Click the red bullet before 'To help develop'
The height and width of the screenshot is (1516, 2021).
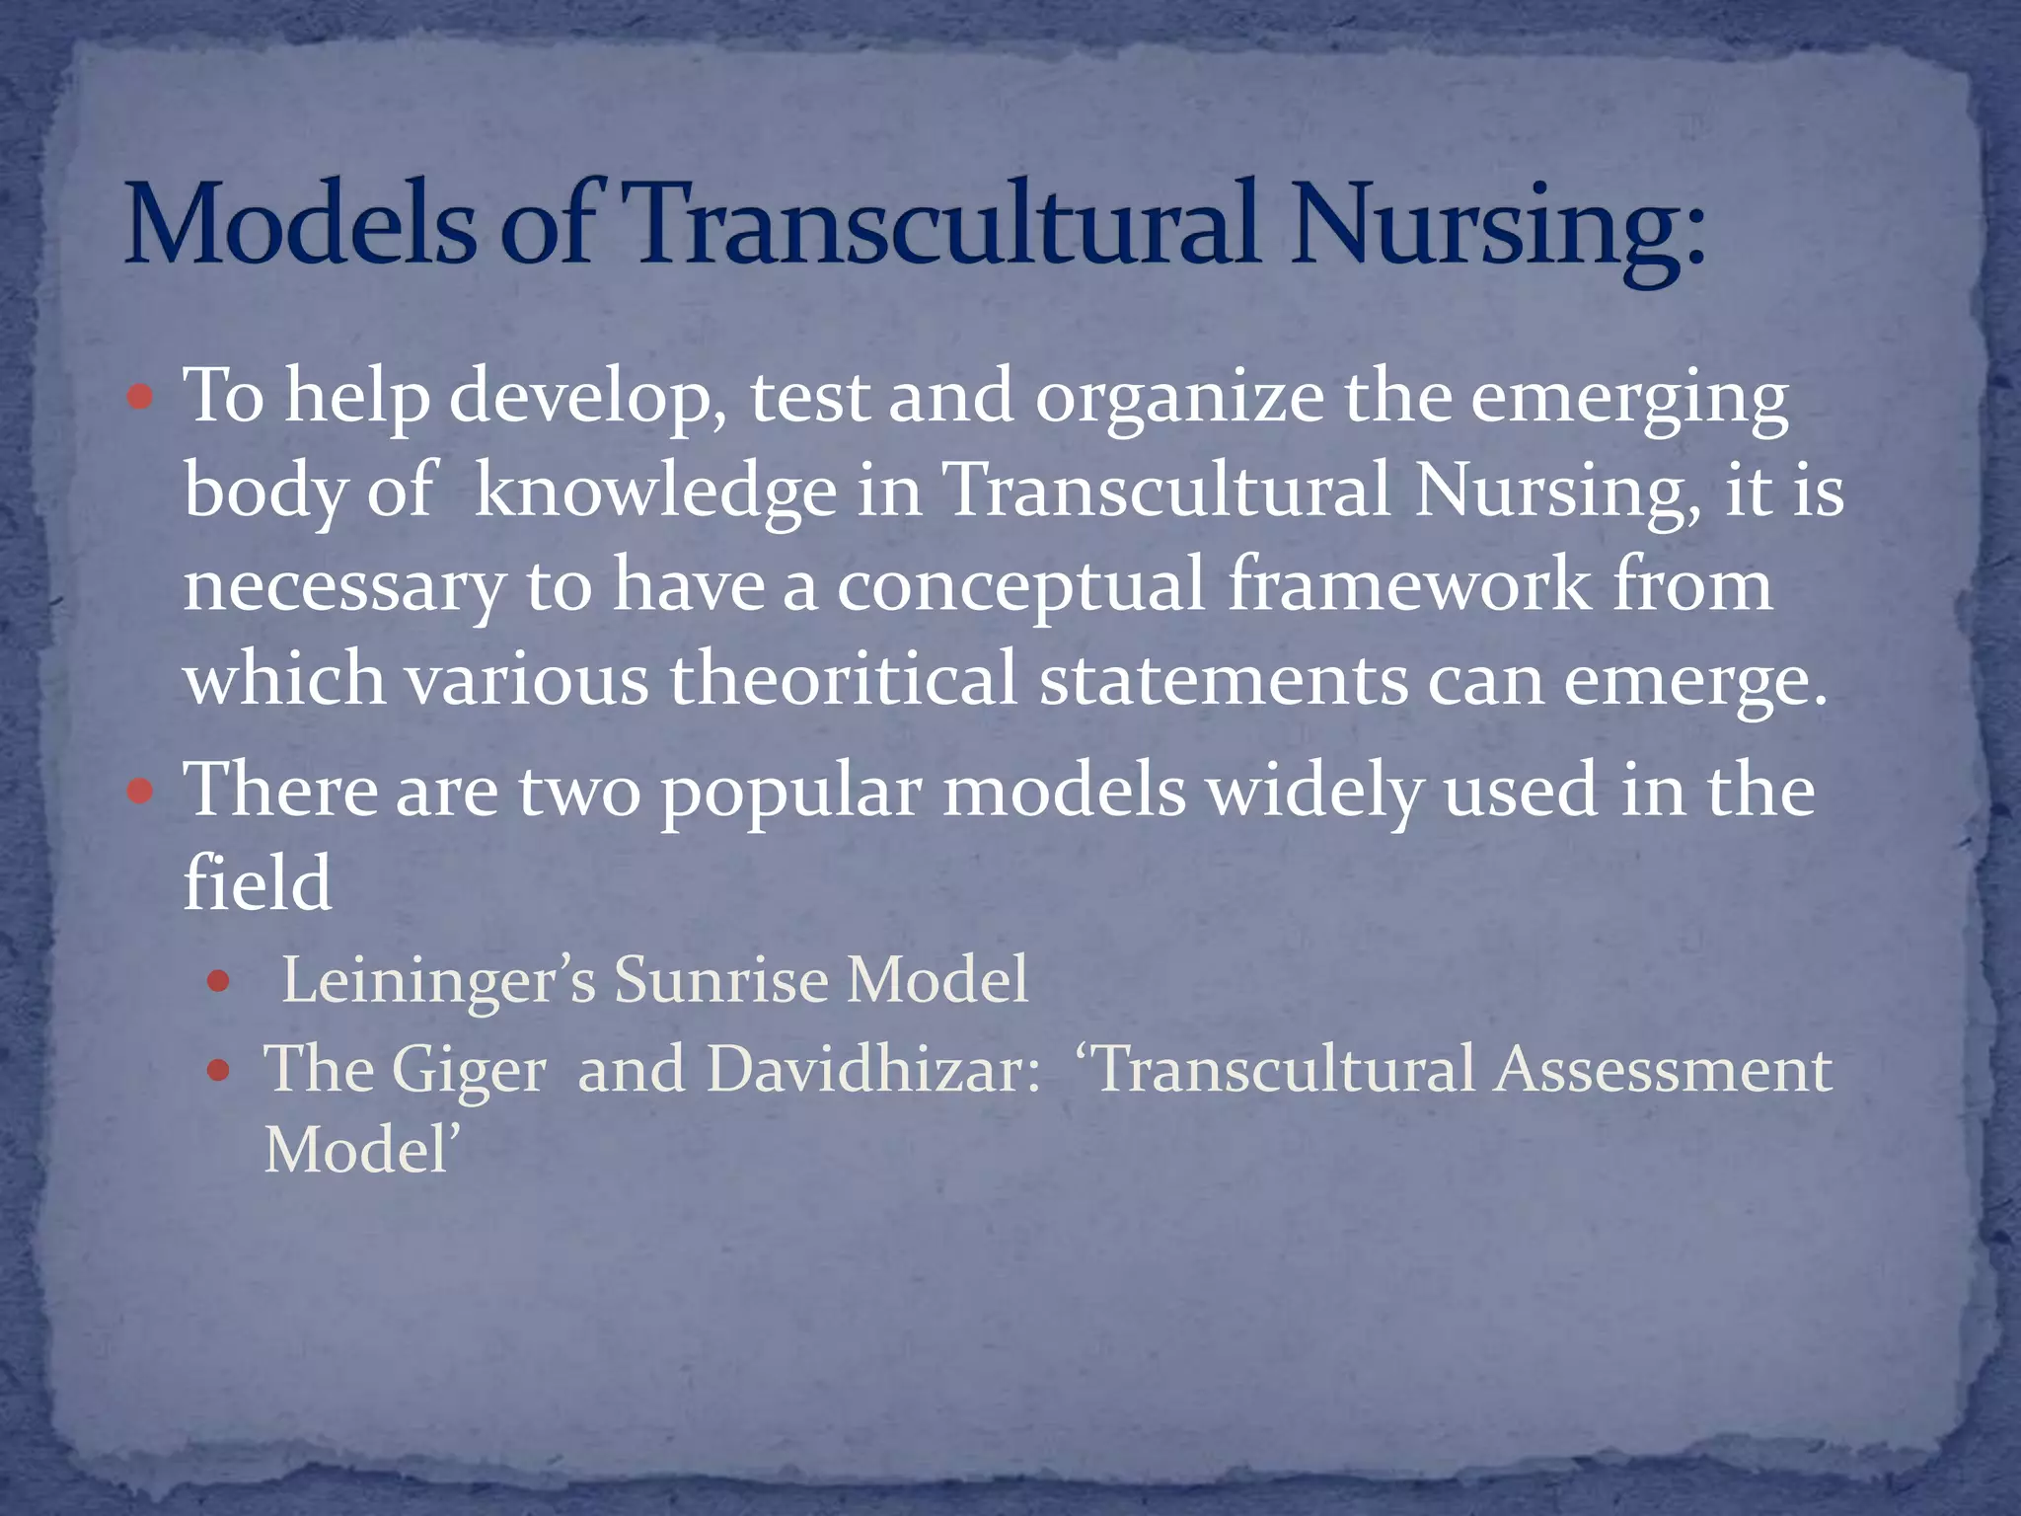141,398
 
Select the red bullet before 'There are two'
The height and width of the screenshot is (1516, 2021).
141,792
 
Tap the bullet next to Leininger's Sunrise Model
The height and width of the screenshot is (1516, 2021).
218,982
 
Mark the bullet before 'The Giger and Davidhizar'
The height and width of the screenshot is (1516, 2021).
218,1071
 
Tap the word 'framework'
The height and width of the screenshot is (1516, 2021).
1408,584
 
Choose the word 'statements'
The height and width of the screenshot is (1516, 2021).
1223,679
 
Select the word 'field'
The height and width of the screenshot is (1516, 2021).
258,881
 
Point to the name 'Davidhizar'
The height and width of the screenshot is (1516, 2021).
872,1069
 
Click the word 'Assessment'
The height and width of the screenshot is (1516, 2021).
1662,1069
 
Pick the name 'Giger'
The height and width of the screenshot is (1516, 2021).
469,1071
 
